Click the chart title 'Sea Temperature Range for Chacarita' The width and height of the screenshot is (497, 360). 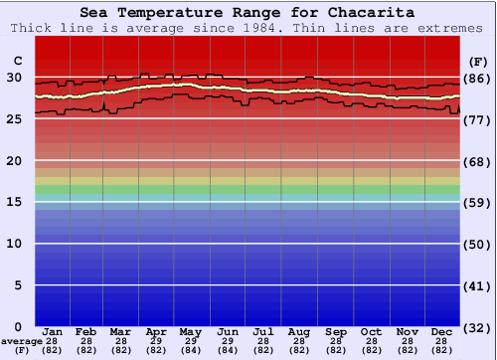pos(248,13)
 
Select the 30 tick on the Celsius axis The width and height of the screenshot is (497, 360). pos(14,77)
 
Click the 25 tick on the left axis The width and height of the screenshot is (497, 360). pos(14,118)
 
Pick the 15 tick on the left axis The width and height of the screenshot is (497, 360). pos(14,202)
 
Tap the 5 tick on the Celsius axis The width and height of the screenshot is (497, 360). pos(18,284)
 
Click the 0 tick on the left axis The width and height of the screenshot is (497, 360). pos(18,326)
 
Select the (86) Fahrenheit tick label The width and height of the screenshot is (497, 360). pos(478,78)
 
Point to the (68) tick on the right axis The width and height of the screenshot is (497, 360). pos(478,161)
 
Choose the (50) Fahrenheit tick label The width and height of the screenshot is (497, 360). pos(478,244)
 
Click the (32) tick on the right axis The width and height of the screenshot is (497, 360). pos(478,327)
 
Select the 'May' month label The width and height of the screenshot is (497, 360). pos(190,331)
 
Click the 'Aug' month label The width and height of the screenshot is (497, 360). pos(298,331)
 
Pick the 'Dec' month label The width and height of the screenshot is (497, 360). pos(442,331)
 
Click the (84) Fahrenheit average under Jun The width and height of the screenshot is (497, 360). pos(227,350)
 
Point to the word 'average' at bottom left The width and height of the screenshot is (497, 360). pos(22,341)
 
